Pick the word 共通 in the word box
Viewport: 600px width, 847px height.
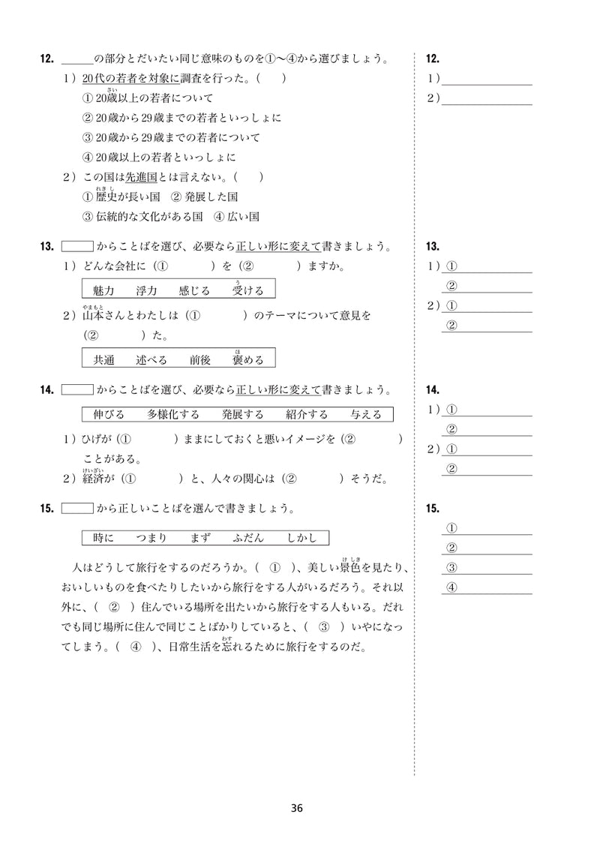coord(103,359)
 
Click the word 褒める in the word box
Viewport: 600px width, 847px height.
coord(248,359)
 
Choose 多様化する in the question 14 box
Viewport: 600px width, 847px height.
coord(173,414)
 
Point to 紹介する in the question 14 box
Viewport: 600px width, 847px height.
coord(307,414)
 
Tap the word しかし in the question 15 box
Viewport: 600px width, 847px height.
coord(302,538)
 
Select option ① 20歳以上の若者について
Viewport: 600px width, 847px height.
coord(147,98)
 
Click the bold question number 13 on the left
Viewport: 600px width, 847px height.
coord(47,246)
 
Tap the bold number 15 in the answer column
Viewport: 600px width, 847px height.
coord(432,509)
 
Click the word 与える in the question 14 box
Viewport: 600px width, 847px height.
coord(366,414)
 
